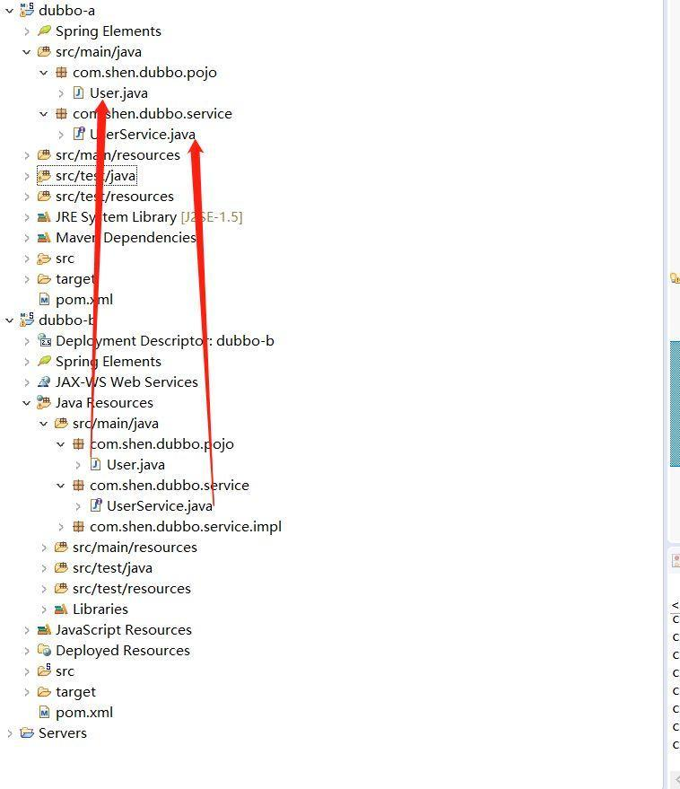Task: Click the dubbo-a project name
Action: [66, 11]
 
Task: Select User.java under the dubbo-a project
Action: [118, 93]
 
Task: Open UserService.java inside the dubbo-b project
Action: [159, 506]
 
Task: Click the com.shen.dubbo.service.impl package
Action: [185, 527]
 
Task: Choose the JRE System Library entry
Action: [116, 217]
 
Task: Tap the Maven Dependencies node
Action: [126, 238]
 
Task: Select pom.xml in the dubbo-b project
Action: [83, 713]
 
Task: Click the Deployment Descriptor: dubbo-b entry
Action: [164, 341]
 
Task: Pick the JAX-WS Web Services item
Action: [126, 382]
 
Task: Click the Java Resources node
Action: [104, 403]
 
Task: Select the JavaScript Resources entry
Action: [123, 630]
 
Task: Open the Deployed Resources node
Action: [122, 651]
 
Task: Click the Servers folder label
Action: [63, 733]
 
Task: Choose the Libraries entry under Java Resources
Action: [100, 609]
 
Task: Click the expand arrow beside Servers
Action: [10, 733]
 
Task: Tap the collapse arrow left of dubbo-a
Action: [10, 11]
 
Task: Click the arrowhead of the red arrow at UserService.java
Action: [196, 144]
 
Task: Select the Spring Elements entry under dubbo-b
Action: [108, 362]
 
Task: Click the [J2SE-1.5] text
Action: [212, 217]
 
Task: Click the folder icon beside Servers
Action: [26, 733]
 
